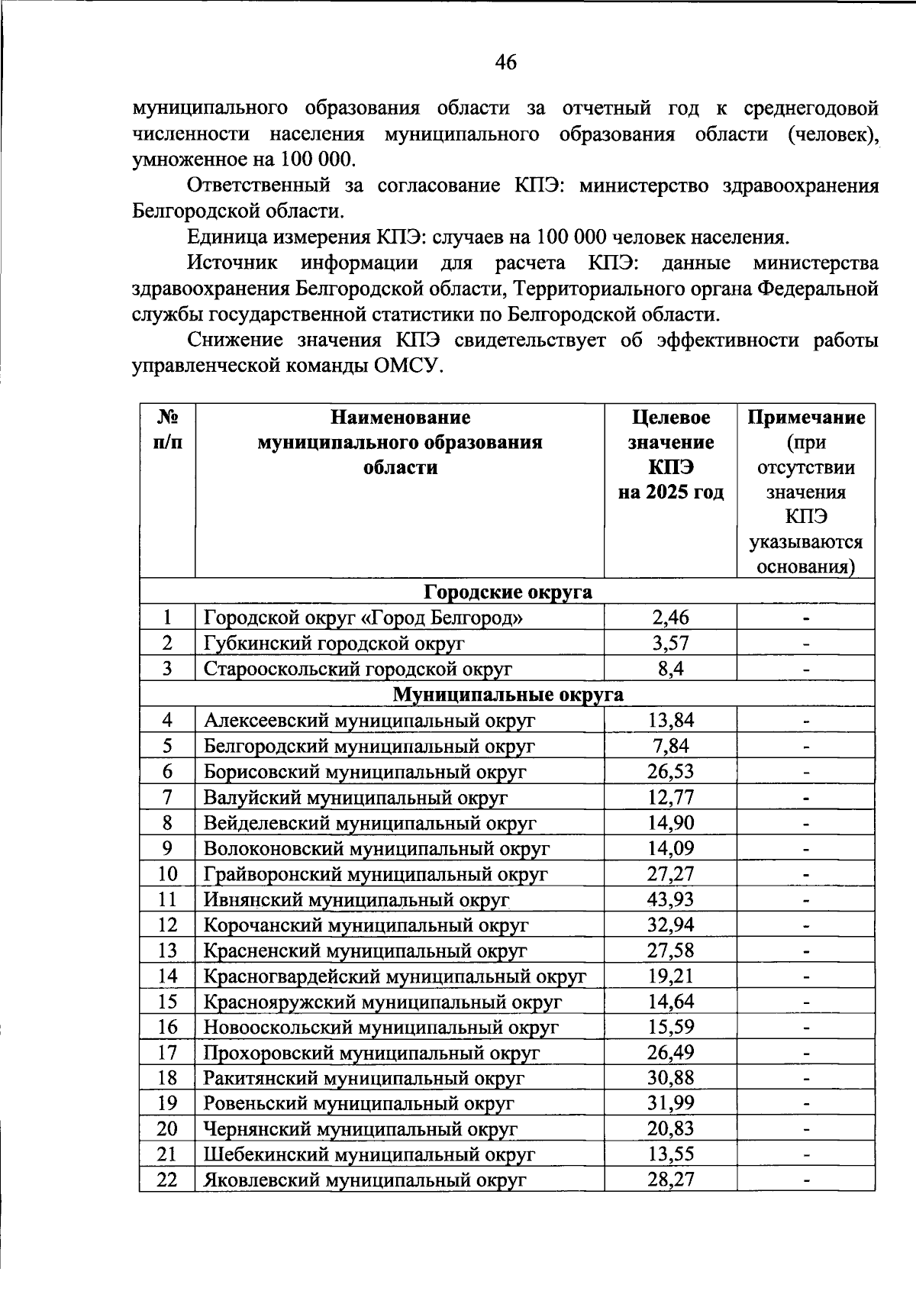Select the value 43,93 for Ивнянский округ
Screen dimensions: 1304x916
pos(670,899)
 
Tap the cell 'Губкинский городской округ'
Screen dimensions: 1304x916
pos(334,643)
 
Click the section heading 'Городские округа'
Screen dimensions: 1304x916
pos(508,592)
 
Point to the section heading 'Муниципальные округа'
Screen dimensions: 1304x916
pos(508,695)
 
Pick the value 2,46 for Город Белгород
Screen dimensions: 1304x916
pos(670,617)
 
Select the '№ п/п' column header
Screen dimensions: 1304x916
pos(167,430)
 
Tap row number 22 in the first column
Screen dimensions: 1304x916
pos(167,1180)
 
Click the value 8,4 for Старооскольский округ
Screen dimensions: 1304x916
pos(670,669)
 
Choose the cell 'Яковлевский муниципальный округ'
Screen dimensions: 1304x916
pos(365,1180)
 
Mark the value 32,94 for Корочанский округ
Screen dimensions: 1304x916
pos(670,925)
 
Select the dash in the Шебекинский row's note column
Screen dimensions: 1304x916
pos(805,1155)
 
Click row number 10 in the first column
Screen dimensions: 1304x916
pos(167,873)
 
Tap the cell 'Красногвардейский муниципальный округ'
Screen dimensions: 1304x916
pos(394,976)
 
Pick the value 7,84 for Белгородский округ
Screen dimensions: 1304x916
pos(670,746)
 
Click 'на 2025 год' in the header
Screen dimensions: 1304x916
pos(670,492)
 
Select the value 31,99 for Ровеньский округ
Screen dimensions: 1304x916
pos(670,1103)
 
